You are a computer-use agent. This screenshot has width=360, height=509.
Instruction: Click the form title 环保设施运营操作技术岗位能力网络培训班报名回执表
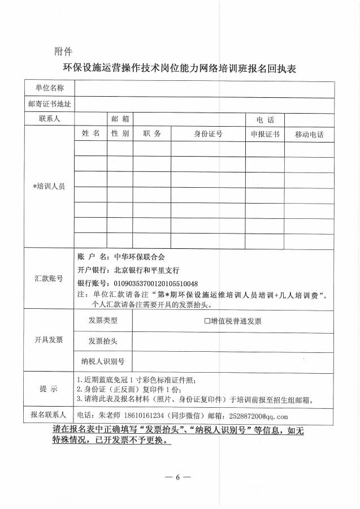(x=179, y=69)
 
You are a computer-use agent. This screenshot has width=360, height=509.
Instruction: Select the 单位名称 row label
(x=50, y=89)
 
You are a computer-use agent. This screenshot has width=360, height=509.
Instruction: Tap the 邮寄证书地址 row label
(x=50, y=104)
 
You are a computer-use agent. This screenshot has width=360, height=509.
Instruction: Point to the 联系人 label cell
(x=50, y=119)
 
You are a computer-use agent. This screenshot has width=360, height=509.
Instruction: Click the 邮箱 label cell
(x=120, y=119)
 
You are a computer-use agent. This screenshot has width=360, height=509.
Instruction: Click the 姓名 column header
(x=90, y=134)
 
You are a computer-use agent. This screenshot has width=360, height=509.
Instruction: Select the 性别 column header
(x=120, y=134)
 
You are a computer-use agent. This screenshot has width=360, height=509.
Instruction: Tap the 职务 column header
(x=152, y=134)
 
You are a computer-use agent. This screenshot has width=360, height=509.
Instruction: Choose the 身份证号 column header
(x=208, y=134)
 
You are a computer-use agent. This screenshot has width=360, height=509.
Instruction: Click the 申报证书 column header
(x=265, y=135)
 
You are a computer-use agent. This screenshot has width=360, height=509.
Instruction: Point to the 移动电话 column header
(x=309, y=135)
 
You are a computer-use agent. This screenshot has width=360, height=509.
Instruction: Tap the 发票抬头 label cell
(x=103, y=342)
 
